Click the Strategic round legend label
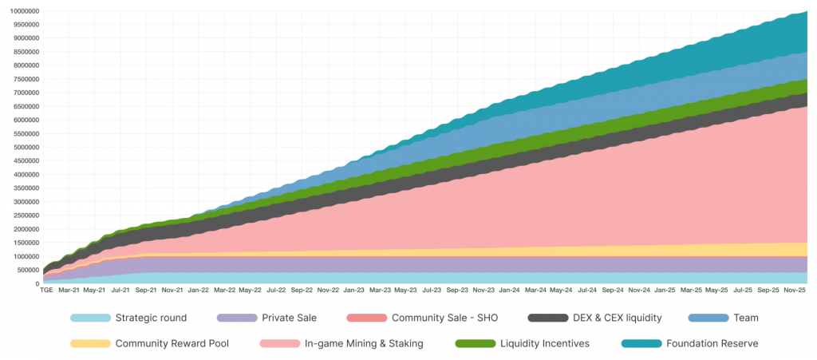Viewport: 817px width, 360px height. pyautogui.click(x=151, y=318)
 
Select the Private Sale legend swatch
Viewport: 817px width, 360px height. pyautogui.click(x=236, y=318)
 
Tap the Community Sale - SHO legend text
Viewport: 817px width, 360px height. pyautogui.click(x=444, y=318)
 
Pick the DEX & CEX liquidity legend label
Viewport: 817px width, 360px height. pyautogui.click(x=617, y=318)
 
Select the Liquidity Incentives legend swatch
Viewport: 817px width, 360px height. pyautogui.click(x=474, y=343)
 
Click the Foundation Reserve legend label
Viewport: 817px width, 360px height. pyautogui.click(x=712, y=343)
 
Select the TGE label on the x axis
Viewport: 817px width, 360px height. pyautogui.click(x=46, y=291)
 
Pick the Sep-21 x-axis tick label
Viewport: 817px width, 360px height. pyautogui.click(x=146, y=291)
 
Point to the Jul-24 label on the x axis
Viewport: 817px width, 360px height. pyautogui.click(x=586, y=291)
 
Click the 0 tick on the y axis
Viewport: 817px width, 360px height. pyautogui.click(x=37, y=283)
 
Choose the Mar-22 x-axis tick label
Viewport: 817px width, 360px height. pyautogui.click(x=224, y=291)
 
